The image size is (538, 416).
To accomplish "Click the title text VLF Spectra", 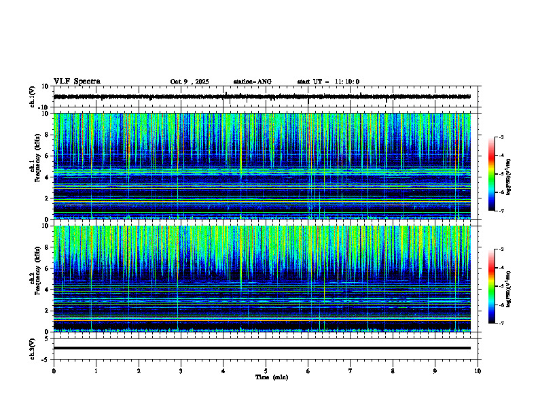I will (77, 82).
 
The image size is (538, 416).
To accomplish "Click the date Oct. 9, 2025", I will (190, 82).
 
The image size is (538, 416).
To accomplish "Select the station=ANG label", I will (252, 82).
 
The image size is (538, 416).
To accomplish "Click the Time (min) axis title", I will (271, 377).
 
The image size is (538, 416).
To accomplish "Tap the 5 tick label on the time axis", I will (266, 370).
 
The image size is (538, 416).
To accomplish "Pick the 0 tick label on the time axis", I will (54, 370).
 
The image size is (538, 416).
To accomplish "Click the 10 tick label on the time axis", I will (478, 370).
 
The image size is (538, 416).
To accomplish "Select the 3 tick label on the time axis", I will (181, 370).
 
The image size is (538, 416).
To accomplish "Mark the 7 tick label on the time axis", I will (351, 370).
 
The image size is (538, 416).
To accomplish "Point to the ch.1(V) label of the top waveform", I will (33, 97).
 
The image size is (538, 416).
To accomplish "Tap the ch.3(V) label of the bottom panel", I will (33, 347).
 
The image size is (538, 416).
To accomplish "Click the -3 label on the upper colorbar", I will (501, 137).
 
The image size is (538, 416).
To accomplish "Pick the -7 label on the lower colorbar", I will (501, 324).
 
